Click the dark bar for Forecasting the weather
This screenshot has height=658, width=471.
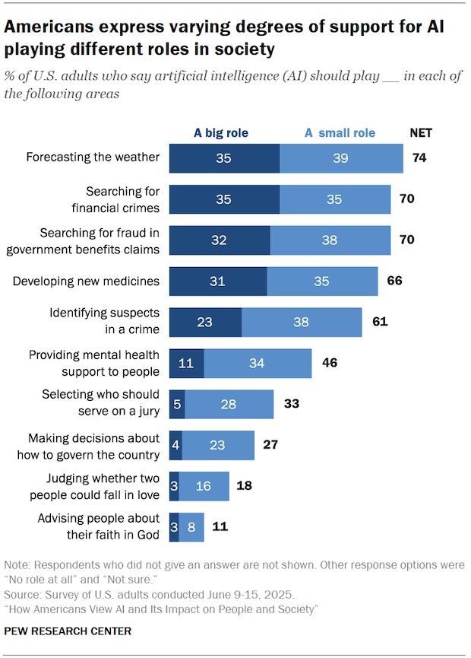coord(224,157)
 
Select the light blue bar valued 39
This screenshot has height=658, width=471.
coord(341,157)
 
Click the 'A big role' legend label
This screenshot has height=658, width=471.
coord(221,133)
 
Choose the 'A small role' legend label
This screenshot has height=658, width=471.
coord(340,133)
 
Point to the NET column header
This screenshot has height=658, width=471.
coord(421,133)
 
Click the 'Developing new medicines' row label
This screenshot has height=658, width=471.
coord(87,281)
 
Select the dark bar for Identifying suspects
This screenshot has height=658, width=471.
coord(205,322)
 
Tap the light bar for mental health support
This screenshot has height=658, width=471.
coord(258,364)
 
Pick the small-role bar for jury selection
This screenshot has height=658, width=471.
coord(228,405)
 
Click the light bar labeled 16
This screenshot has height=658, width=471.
coord(204,486)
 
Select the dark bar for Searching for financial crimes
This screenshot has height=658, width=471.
coord(224,199)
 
